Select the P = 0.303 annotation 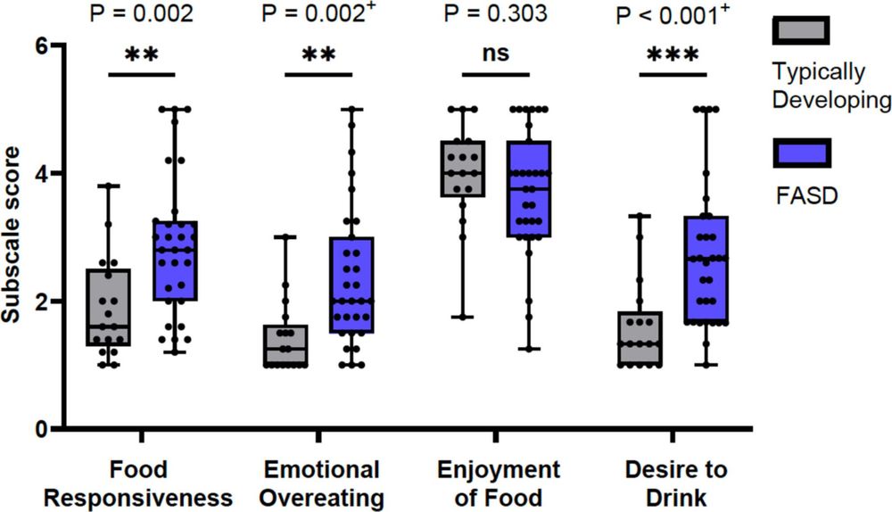coord(496,15)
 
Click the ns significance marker coord(496,54)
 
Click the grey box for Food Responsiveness coord(110,308)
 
